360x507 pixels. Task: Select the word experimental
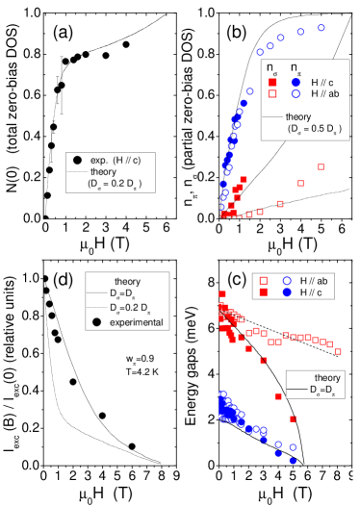(x=134, y=321)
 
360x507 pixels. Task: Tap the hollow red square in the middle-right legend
(x=264, y=280)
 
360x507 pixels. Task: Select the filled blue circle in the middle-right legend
(x=286, y=291)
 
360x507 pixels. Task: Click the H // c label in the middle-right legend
(x=317, y=291)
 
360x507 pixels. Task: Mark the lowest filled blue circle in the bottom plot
(x=292, y=461)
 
